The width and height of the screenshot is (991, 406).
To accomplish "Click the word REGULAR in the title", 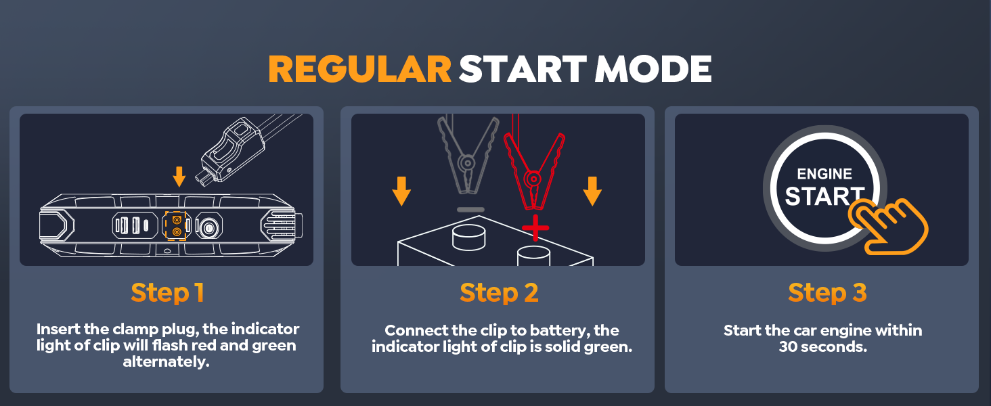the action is [359, 69].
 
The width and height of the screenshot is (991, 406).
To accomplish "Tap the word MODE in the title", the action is [653, 69].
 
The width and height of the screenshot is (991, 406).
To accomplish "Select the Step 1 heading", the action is [167, 293].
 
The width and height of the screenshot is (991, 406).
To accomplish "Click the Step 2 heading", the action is [499, 293].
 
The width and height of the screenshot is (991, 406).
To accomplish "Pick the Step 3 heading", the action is [827, 293].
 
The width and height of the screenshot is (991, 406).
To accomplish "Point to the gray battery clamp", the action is [468, 159].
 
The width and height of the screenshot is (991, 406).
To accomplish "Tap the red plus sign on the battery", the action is [535, 228].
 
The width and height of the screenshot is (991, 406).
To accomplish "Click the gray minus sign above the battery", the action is [470, 210].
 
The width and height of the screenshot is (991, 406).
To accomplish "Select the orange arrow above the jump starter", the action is [179, 177].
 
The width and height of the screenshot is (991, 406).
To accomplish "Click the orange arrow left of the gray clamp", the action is [401, 191].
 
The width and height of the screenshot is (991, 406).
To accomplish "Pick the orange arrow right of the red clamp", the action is [592, 191].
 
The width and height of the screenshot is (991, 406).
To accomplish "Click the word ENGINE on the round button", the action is [824, 174].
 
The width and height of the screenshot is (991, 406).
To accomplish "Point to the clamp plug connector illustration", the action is [232, 150].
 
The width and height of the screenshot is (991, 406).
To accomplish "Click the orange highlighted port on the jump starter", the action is [177, 225].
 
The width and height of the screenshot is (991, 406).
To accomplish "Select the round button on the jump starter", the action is [208, 228].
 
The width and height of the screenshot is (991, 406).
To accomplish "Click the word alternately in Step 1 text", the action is [167, 362].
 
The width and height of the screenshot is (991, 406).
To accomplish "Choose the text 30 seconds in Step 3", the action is [823, 346].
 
